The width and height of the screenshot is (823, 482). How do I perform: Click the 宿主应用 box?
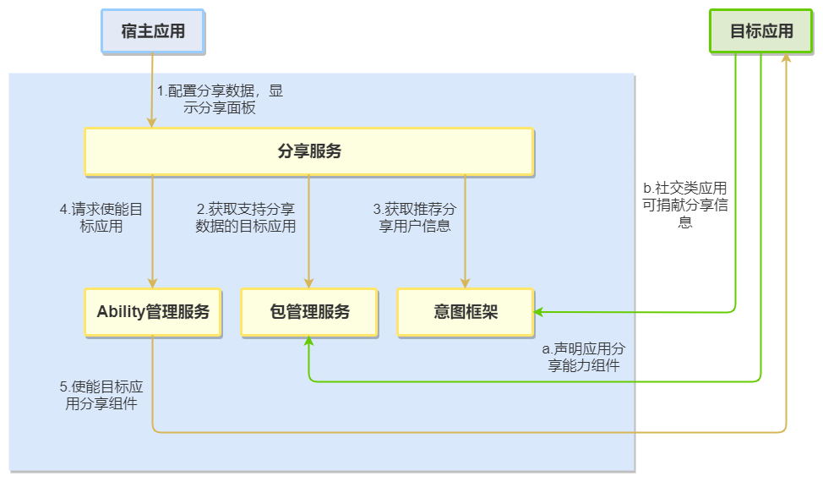point(153,32)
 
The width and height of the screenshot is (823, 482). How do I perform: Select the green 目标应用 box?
point(761,32)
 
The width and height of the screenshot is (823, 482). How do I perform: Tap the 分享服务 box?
point(309,151)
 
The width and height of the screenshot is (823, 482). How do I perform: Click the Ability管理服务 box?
point(153,311)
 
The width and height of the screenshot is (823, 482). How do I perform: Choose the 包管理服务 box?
point(309,311)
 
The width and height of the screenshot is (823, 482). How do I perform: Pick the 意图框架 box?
point(466,311)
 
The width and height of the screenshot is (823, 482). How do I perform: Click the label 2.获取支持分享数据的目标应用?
point(246,217)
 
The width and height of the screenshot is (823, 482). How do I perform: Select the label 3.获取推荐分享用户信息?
point(415,217)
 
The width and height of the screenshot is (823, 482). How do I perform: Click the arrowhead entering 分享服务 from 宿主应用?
point(153,123)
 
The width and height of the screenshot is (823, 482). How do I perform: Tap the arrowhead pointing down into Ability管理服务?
point(153,283)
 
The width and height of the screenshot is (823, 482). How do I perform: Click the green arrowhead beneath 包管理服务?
point(309,341)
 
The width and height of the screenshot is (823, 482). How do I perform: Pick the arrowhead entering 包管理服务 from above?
point(309,283)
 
